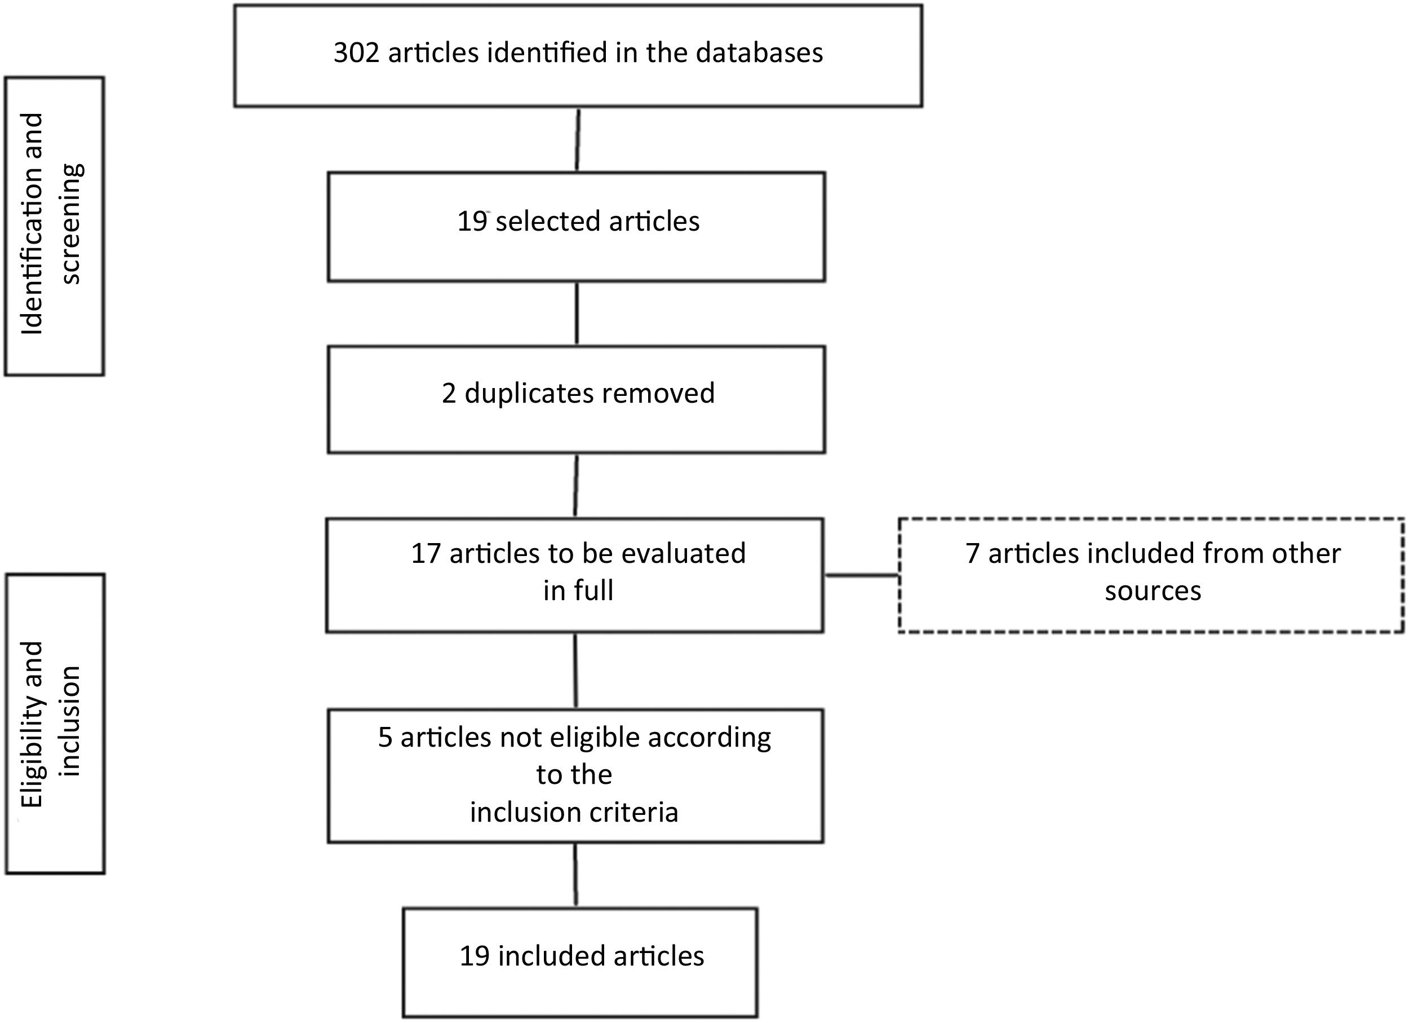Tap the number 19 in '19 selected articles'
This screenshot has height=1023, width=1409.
pos(472,222)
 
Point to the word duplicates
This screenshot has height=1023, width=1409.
pos(528,394)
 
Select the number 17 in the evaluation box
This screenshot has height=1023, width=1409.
pos(426,554)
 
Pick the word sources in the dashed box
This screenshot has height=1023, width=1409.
pos(1153,591)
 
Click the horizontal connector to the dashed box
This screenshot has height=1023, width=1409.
pos(861,576)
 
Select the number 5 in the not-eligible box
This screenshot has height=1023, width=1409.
pos(385,738)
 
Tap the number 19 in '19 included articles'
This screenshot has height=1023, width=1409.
pos(474,956)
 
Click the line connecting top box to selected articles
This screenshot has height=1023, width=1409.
pos(578,140)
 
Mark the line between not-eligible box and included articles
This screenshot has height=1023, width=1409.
pos(575,875)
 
